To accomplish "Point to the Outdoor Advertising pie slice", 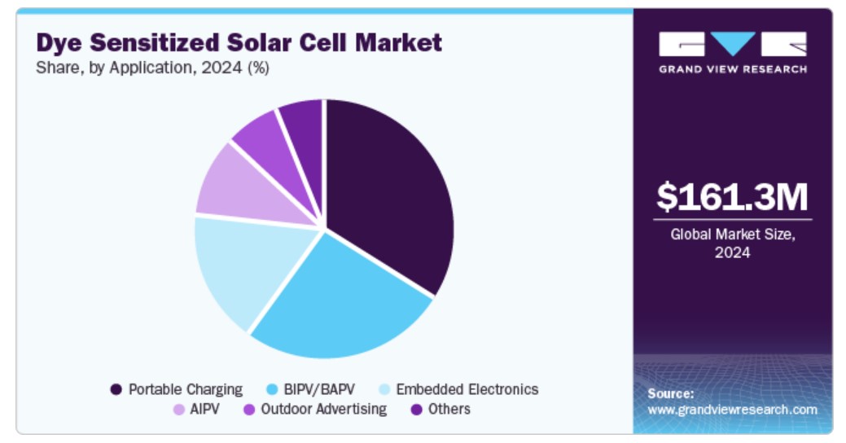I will [261, 143].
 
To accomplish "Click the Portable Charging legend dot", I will [116, 389].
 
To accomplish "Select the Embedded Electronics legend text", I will [467, 389].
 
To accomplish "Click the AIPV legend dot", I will [178, 409].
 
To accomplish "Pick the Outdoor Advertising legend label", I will [323, 409].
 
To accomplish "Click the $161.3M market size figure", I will [732, 197].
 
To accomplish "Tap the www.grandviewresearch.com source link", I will [732, 410].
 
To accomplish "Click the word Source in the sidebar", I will [670, 393].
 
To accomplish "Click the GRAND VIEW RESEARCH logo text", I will [732, 69].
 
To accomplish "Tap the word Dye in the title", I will [59, 42].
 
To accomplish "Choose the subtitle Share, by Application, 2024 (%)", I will [152, 68].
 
